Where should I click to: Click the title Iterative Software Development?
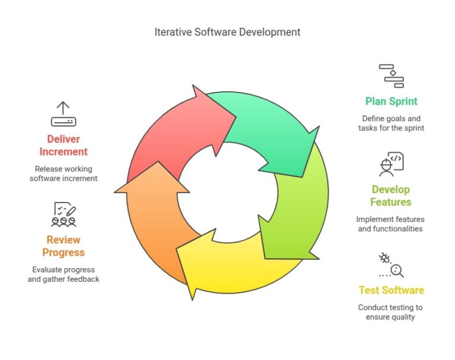(x=227, y=32)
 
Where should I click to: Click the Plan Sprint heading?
(x=391, y=101)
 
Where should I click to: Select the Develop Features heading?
(x=390, y=195)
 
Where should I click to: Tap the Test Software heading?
(x=391, y=290)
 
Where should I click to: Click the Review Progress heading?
(x=63, y=246)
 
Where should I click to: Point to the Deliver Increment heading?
(x=63, y=145)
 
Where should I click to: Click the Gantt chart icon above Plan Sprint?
(x=391, y=76)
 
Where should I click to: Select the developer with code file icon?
(x=391, y=164)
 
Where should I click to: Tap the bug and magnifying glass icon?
(x=391, y=265)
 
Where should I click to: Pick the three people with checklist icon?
(x=63, y=214)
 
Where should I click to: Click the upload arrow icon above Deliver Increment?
(x=63, y=114)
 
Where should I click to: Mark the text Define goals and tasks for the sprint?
(x=391, y=123)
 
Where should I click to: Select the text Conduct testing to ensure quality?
(x=390, y=312)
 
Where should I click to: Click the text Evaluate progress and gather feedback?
(x=63, y=274)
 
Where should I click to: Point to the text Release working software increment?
(x=63, y=173)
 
